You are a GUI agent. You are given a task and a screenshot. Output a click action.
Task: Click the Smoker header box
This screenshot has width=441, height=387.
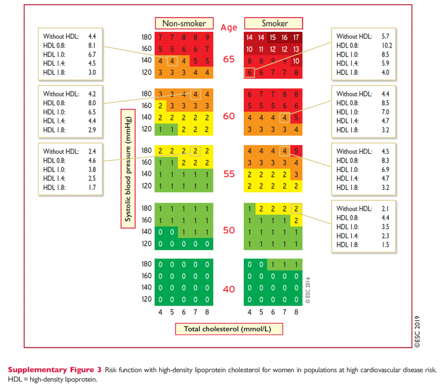(274, 23)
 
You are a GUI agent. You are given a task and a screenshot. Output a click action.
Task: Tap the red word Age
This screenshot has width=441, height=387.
(229, 28)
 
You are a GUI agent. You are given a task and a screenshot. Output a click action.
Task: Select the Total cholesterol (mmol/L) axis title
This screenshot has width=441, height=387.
(229, 329)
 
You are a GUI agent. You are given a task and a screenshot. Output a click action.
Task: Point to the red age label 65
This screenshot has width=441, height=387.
(229, 59)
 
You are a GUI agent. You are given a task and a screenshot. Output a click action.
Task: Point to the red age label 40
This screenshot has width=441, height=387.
(229, 289)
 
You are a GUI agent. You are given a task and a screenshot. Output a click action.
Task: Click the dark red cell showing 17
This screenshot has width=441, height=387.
(296, 37)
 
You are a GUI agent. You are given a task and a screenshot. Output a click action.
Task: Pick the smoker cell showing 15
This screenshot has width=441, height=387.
(273, 37)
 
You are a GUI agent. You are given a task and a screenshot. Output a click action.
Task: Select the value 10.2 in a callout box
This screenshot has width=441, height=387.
(386, 45)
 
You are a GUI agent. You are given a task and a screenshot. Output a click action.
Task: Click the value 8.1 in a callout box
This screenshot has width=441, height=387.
(92, 45)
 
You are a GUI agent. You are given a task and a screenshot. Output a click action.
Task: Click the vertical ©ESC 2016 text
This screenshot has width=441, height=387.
(307, 290)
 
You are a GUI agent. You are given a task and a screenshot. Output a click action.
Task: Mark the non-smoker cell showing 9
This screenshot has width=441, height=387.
(207, 37)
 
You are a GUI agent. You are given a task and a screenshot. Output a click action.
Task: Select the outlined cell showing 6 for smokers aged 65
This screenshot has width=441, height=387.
(249, 73)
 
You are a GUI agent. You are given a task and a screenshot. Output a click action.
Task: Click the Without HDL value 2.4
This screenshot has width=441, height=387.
(92, 151)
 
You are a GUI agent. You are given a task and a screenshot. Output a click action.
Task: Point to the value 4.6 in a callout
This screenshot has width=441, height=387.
(92, 160)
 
